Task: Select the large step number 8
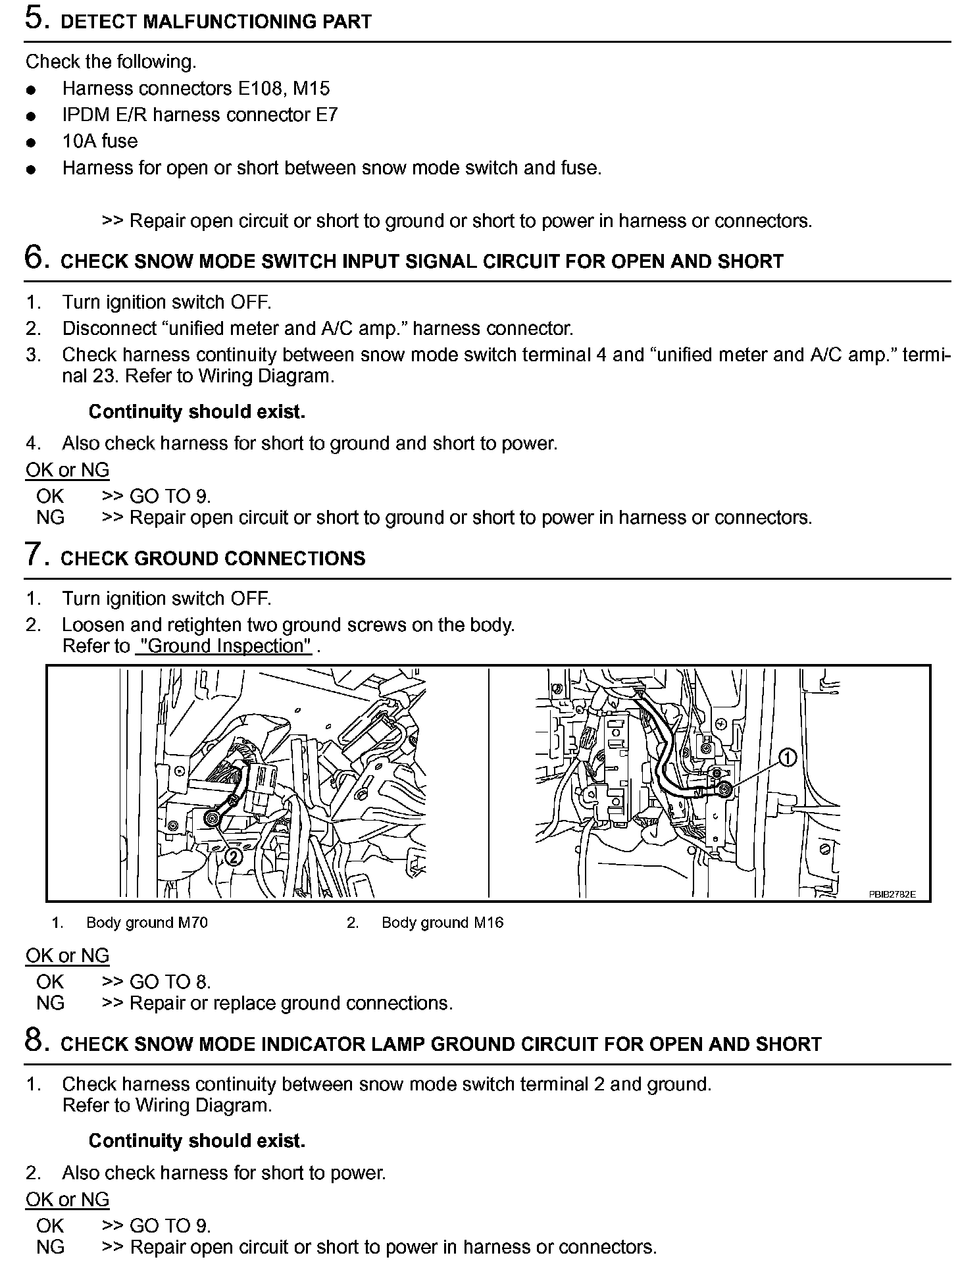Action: (35, 1040)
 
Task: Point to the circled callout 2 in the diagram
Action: (233, 857)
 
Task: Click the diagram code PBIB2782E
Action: (892, 895)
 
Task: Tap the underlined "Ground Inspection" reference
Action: (224, 646)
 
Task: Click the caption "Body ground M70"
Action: (147, 923)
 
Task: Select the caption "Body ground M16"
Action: (442, 923)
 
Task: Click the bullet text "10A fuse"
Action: (100, 141)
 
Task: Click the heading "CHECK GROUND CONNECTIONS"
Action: (213, 559)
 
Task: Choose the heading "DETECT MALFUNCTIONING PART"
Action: (216, 22)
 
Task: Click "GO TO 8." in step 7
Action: (170, 982)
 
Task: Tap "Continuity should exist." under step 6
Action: (197, 412)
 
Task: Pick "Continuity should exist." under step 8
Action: (197, 1140)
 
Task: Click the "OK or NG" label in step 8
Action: (67, 1200)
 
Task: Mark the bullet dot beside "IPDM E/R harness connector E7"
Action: (30, 116)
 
